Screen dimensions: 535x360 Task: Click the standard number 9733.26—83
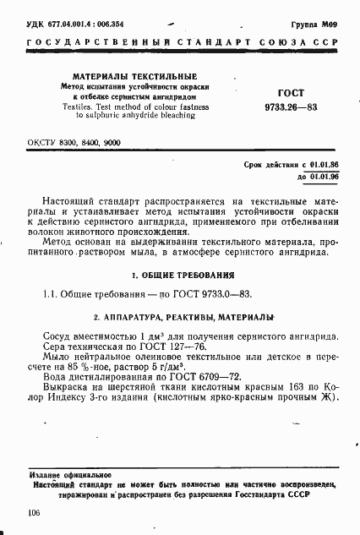tap(290, 107)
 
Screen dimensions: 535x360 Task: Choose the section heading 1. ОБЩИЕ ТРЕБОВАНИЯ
tap(183, 276)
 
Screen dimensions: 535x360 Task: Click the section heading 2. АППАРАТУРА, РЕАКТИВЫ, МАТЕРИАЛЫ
tap(183, 317)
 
